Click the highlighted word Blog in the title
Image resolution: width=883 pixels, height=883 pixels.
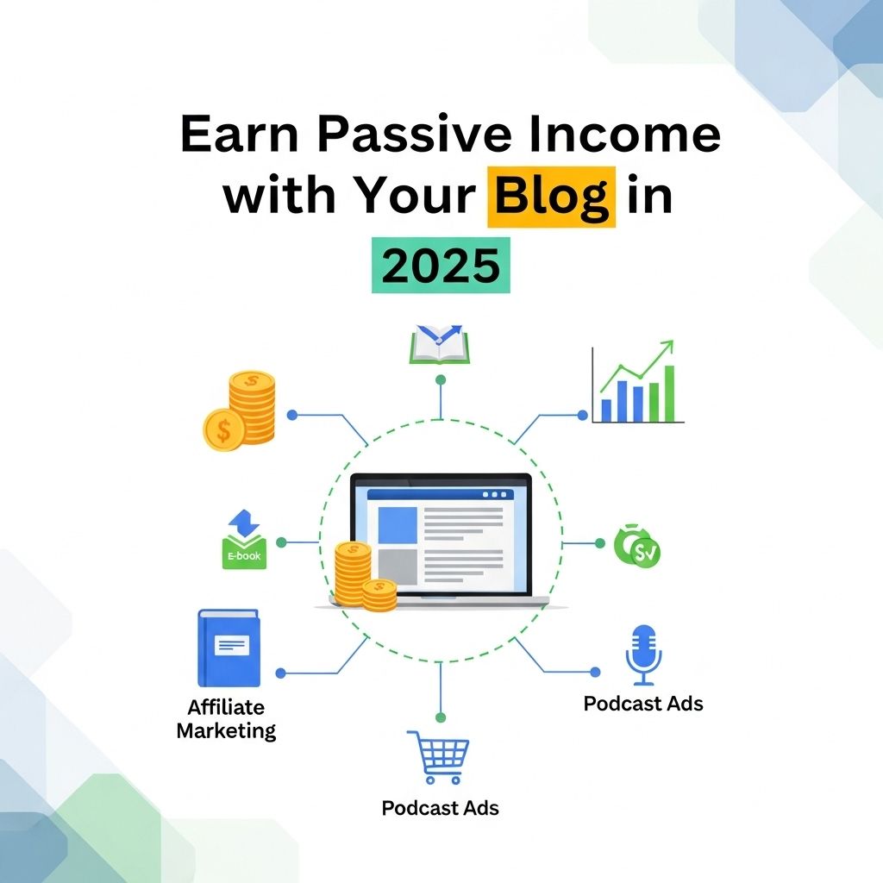tap(551, 197)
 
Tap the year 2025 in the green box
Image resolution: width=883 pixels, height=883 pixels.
tap(441, 266)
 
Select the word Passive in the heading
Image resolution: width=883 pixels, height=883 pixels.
tap(415, 134)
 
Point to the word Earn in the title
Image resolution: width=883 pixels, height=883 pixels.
tap(239, 134)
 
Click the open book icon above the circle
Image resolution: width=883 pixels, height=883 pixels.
tap(439, 344)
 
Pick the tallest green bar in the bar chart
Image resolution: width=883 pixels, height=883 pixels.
tap(669, 393)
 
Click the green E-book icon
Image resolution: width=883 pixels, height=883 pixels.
tap(244, 540)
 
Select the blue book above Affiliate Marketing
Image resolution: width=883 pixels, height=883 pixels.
tap(229, 648)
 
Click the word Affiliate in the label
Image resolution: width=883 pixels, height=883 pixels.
tap(226, 707)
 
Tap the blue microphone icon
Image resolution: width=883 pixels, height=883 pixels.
tap(643, 655)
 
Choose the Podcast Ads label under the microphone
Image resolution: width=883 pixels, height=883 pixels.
tap(643, 704)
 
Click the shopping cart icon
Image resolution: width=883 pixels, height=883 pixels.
tap(439, 757)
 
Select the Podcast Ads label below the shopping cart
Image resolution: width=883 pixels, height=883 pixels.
tap(441, 808)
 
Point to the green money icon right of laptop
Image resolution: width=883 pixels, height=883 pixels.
tap(637, 545)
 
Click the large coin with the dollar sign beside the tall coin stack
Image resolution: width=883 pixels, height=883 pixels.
tap(223, 430)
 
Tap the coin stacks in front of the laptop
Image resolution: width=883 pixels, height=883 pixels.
tap(365, 576)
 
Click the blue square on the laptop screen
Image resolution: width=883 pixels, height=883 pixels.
tap(398, 525)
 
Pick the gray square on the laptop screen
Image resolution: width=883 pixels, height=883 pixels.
tap(398, 567)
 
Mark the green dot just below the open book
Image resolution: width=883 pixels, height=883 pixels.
tap(441, 380)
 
